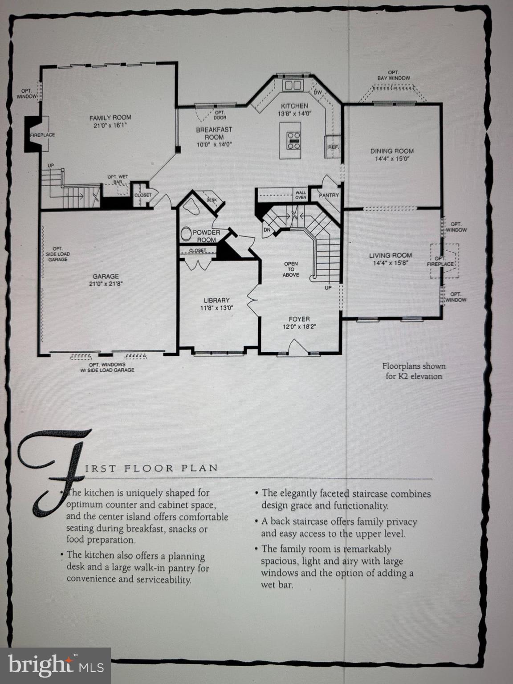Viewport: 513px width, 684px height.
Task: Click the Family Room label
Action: click(110, 118)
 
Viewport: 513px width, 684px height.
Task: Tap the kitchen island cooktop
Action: click(293, 140)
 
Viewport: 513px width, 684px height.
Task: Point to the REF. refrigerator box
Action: click(333, 147)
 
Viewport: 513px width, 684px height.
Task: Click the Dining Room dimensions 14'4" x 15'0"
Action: click(392, 159)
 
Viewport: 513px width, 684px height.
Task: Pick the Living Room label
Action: click(391, 256)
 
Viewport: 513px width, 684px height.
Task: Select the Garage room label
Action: click(106, 277)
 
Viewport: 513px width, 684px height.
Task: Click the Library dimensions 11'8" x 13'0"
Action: click(217, 308)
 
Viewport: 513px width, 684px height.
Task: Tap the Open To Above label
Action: click(291, 269)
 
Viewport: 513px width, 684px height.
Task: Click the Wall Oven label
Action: click(301, 195)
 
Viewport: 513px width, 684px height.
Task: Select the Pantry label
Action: click(329, 195)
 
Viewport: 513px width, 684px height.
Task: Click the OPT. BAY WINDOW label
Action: click(393, 75)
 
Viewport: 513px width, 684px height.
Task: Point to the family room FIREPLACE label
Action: click(42, 135)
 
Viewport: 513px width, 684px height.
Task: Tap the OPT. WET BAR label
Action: click(118, 179)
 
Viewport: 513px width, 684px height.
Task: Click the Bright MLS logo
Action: click(55, 666)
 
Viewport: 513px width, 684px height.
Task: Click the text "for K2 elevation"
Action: click(414, 376)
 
